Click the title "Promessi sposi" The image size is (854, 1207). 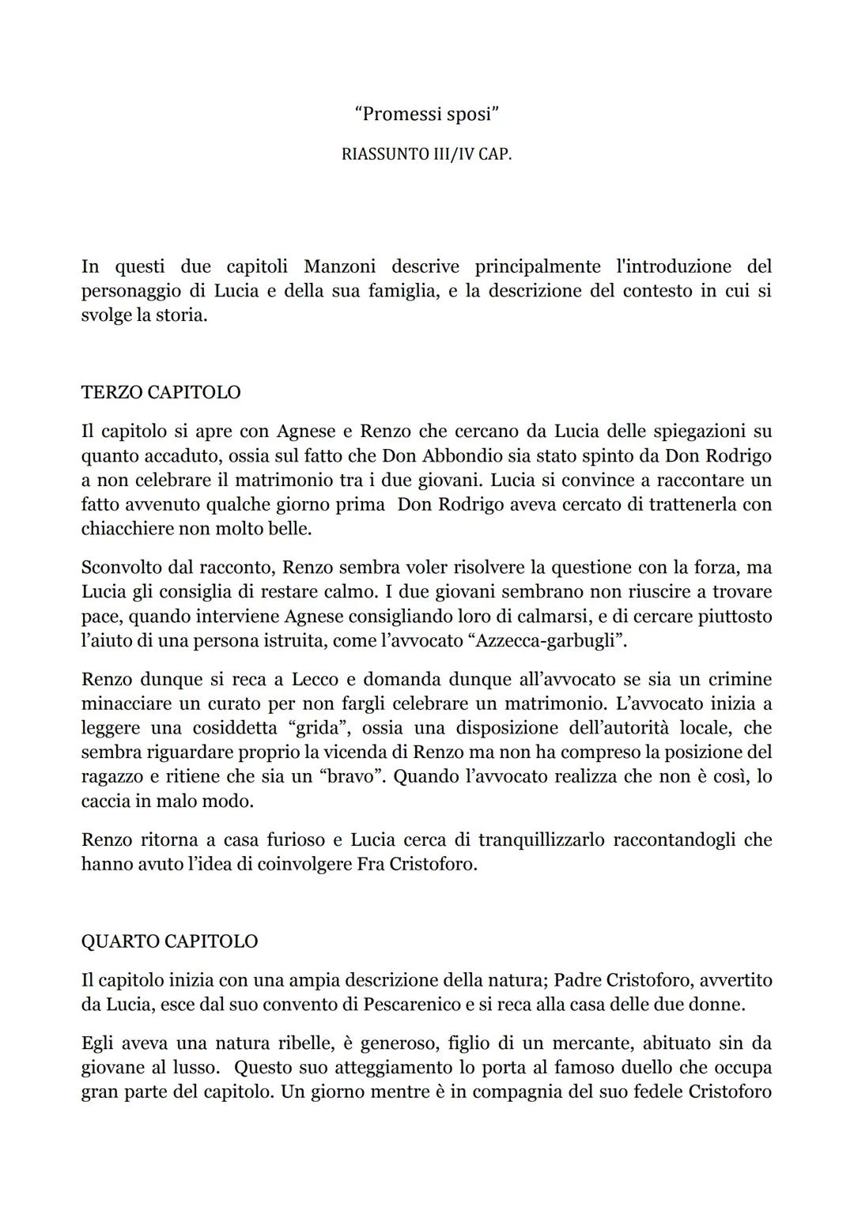[427, 114]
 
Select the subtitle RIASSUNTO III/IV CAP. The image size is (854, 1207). [427, 154]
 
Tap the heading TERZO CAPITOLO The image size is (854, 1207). [161, 392]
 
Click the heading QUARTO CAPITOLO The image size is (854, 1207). [169, 941]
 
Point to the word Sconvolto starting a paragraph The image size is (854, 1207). [120, 567]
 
